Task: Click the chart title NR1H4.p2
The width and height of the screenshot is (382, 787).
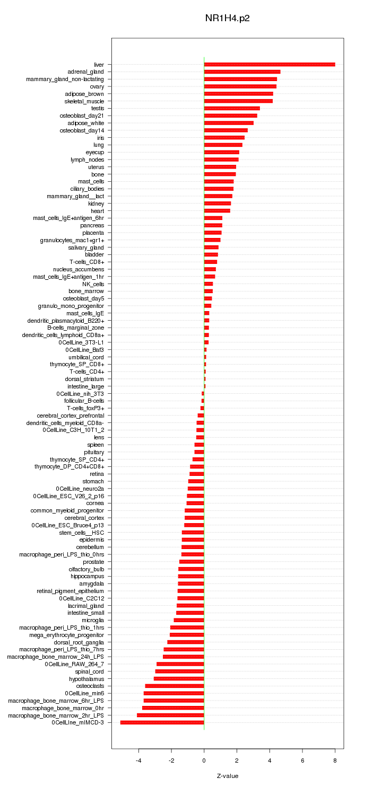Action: pos(227,18)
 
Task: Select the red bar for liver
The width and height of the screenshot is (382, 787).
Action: pos(270,65)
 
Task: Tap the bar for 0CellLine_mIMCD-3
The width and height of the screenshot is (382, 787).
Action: pos(162,722)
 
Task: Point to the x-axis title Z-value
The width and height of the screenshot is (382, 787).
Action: pos(228,776)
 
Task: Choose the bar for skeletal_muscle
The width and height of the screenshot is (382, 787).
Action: pos(238,101)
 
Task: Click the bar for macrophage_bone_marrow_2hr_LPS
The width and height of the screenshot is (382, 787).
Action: pos(170,715)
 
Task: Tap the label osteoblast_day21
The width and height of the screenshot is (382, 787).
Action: pos(82,116)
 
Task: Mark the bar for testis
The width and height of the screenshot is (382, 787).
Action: pos(232,108)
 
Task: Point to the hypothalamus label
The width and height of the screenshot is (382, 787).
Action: pos(86,678)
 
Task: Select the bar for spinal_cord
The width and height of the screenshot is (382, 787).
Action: pos(180,671)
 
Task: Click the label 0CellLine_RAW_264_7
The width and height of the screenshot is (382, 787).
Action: pos(74,664)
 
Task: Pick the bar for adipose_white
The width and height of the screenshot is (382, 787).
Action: pos(229,123)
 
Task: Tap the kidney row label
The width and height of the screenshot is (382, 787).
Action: pos(96,204)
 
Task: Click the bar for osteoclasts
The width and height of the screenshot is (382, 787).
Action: pos(175,686)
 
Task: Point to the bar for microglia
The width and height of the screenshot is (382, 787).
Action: pos(189,620)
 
